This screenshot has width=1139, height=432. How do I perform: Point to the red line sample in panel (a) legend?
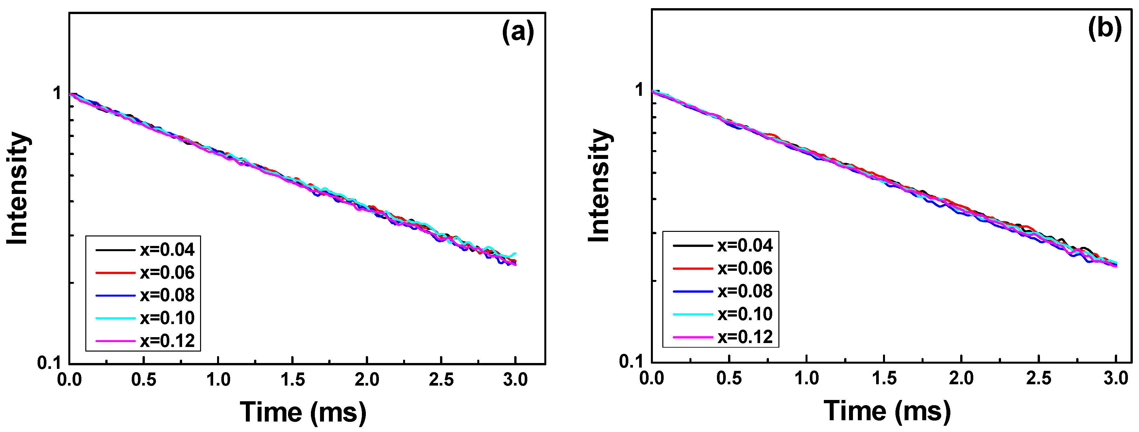tap(115, 273)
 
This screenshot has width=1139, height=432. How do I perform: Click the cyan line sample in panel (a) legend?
tap(115, 319)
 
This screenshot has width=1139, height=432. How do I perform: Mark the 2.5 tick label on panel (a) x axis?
tap(441, 380)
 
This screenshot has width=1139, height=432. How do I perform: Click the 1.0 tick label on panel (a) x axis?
tap(218, 380)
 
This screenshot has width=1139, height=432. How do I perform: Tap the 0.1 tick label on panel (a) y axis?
tap(49, 363)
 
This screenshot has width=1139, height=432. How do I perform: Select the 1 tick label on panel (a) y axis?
tap(57, 94)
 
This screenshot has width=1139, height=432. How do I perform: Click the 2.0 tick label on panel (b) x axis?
tap(961, 378)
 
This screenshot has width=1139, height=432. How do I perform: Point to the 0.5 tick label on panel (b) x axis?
tap(729, 378)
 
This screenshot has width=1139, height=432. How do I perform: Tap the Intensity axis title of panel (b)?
tap(600, 186)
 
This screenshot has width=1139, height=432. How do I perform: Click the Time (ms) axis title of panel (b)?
tap(887, 411)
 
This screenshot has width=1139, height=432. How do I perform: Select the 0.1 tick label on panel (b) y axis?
tap(631, 362)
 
